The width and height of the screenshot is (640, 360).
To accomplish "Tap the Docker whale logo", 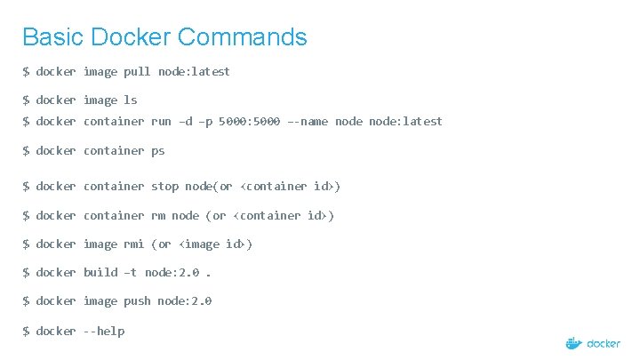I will [x=574, y=343].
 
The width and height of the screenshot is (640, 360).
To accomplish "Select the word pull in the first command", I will [x=138, y=71].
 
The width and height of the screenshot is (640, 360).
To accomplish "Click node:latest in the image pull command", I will [x=194, y=71].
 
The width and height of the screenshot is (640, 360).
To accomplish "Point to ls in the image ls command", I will [x=130, y=100].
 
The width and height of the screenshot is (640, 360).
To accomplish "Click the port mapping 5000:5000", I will [x=248, y=122].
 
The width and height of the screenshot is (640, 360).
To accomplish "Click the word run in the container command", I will [x=161, y=122].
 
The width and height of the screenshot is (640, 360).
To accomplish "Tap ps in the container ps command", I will [x=157, y=151].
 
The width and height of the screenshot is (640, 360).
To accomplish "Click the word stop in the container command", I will [x=164, y=187].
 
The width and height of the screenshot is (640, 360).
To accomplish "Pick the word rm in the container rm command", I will [x=157, y=216].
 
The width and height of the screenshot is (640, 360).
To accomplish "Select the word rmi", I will [x=134, y=244].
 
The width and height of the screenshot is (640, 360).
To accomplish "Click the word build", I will [x=100, y=273].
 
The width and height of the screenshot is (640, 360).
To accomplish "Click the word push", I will [x=137, y=301].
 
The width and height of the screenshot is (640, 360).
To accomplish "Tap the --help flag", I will [x=104, y=332].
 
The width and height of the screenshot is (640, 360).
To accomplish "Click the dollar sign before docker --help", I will [x=27, y=332].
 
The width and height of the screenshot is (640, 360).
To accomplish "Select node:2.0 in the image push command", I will [x=185, y=301].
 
